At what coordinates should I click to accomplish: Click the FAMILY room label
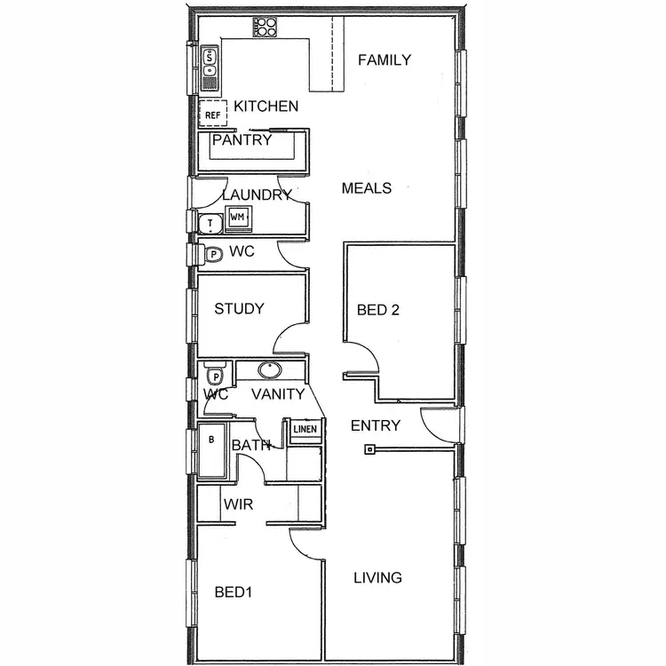pyautogui.click(x=384, y=60)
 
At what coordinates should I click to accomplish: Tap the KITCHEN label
pyautogui.click(x=266, y=107)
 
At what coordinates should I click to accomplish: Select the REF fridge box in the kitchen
pyautogui.click(x=213, y=115)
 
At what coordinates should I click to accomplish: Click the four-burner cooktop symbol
pyautogui.click(x=265, y=27)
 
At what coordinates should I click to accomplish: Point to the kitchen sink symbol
pyautogui.click(x=210, y=69)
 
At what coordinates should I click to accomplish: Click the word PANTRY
pyautogui.click(x=242, y=140)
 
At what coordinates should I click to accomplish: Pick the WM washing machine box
pyautogui.click(x=237, y=217)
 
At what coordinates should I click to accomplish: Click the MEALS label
pyautogui.click(x=367, y=188)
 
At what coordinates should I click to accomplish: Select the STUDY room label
pyautogui.click(x=239, y=309)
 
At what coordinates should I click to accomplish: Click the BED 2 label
pyautogui.click(x=378, y=310)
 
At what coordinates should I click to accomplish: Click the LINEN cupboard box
pyautogui.click(x=305, y=430)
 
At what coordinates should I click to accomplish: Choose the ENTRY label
pyautogui.click(x=376, y=425)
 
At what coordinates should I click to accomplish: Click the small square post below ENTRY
pyautogui.click(x=368, y=450)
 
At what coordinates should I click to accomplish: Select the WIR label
pyautogui.click(x=238, y=504)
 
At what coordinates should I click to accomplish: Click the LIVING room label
pyautogui.click(x=377, y=578)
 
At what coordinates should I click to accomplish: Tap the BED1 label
pyautogui.click(x=234, y=592)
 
